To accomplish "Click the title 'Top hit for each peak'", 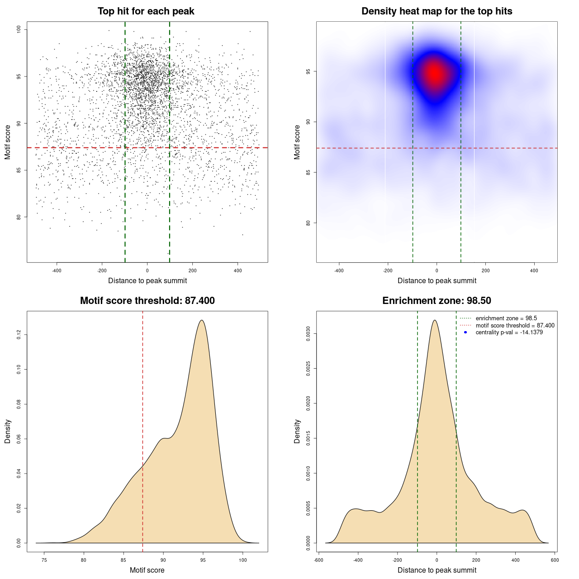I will point(146,11).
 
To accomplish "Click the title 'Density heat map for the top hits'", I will point(437,11).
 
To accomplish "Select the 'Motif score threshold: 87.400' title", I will point(147,301).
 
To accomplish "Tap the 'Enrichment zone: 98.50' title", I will point(437,301).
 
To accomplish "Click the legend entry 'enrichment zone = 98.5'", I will point(506,318).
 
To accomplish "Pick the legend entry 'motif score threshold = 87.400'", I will point(515,326).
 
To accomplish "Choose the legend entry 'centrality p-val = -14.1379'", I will point(509,332).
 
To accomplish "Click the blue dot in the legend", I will point(465,332).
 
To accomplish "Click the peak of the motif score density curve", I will point(202,320).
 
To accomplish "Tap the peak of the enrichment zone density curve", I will point(435,320).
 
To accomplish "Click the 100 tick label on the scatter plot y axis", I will point(19,29).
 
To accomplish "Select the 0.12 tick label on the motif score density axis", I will point(19,335).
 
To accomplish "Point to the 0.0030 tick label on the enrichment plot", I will point(308,334).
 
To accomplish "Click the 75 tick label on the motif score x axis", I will point(44,560).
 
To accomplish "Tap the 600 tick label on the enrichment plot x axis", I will point(555,560).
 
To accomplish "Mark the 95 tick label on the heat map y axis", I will point(308,71).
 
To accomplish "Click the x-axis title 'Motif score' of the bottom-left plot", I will point(147,570).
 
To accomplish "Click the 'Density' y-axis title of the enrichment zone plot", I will point(297,431).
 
